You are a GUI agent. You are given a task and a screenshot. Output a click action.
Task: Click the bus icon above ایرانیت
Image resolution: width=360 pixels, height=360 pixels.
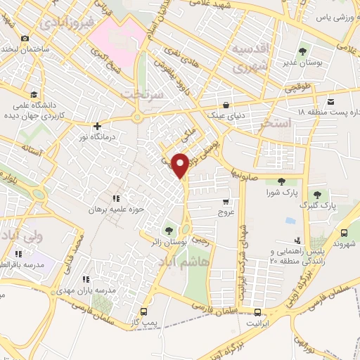258,312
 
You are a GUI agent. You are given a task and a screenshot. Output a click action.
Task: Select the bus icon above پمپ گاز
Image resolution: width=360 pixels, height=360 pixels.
145,311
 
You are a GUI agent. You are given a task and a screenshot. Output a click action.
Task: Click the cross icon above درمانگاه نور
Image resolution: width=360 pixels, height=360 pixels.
98,127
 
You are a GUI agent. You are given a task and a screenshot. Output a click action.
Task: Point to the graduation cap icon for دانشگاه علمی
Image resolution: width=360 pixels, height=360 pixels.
34,94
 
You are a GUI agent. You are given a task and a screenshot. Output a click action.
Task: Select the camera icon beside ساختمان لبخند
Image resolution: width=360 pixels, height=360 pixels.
25,38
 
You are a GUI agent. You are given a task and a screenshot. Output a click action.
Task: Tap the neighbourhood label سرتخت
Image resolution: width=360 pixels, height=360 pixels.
142,94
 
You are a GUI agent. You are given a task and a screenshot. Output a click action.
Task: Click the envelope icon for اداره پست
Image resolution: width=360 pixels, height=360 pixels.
330,101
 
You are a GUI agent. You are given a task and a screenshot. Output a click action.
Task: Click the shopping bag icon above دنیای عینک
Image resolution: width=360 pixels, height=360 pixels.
225,103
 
